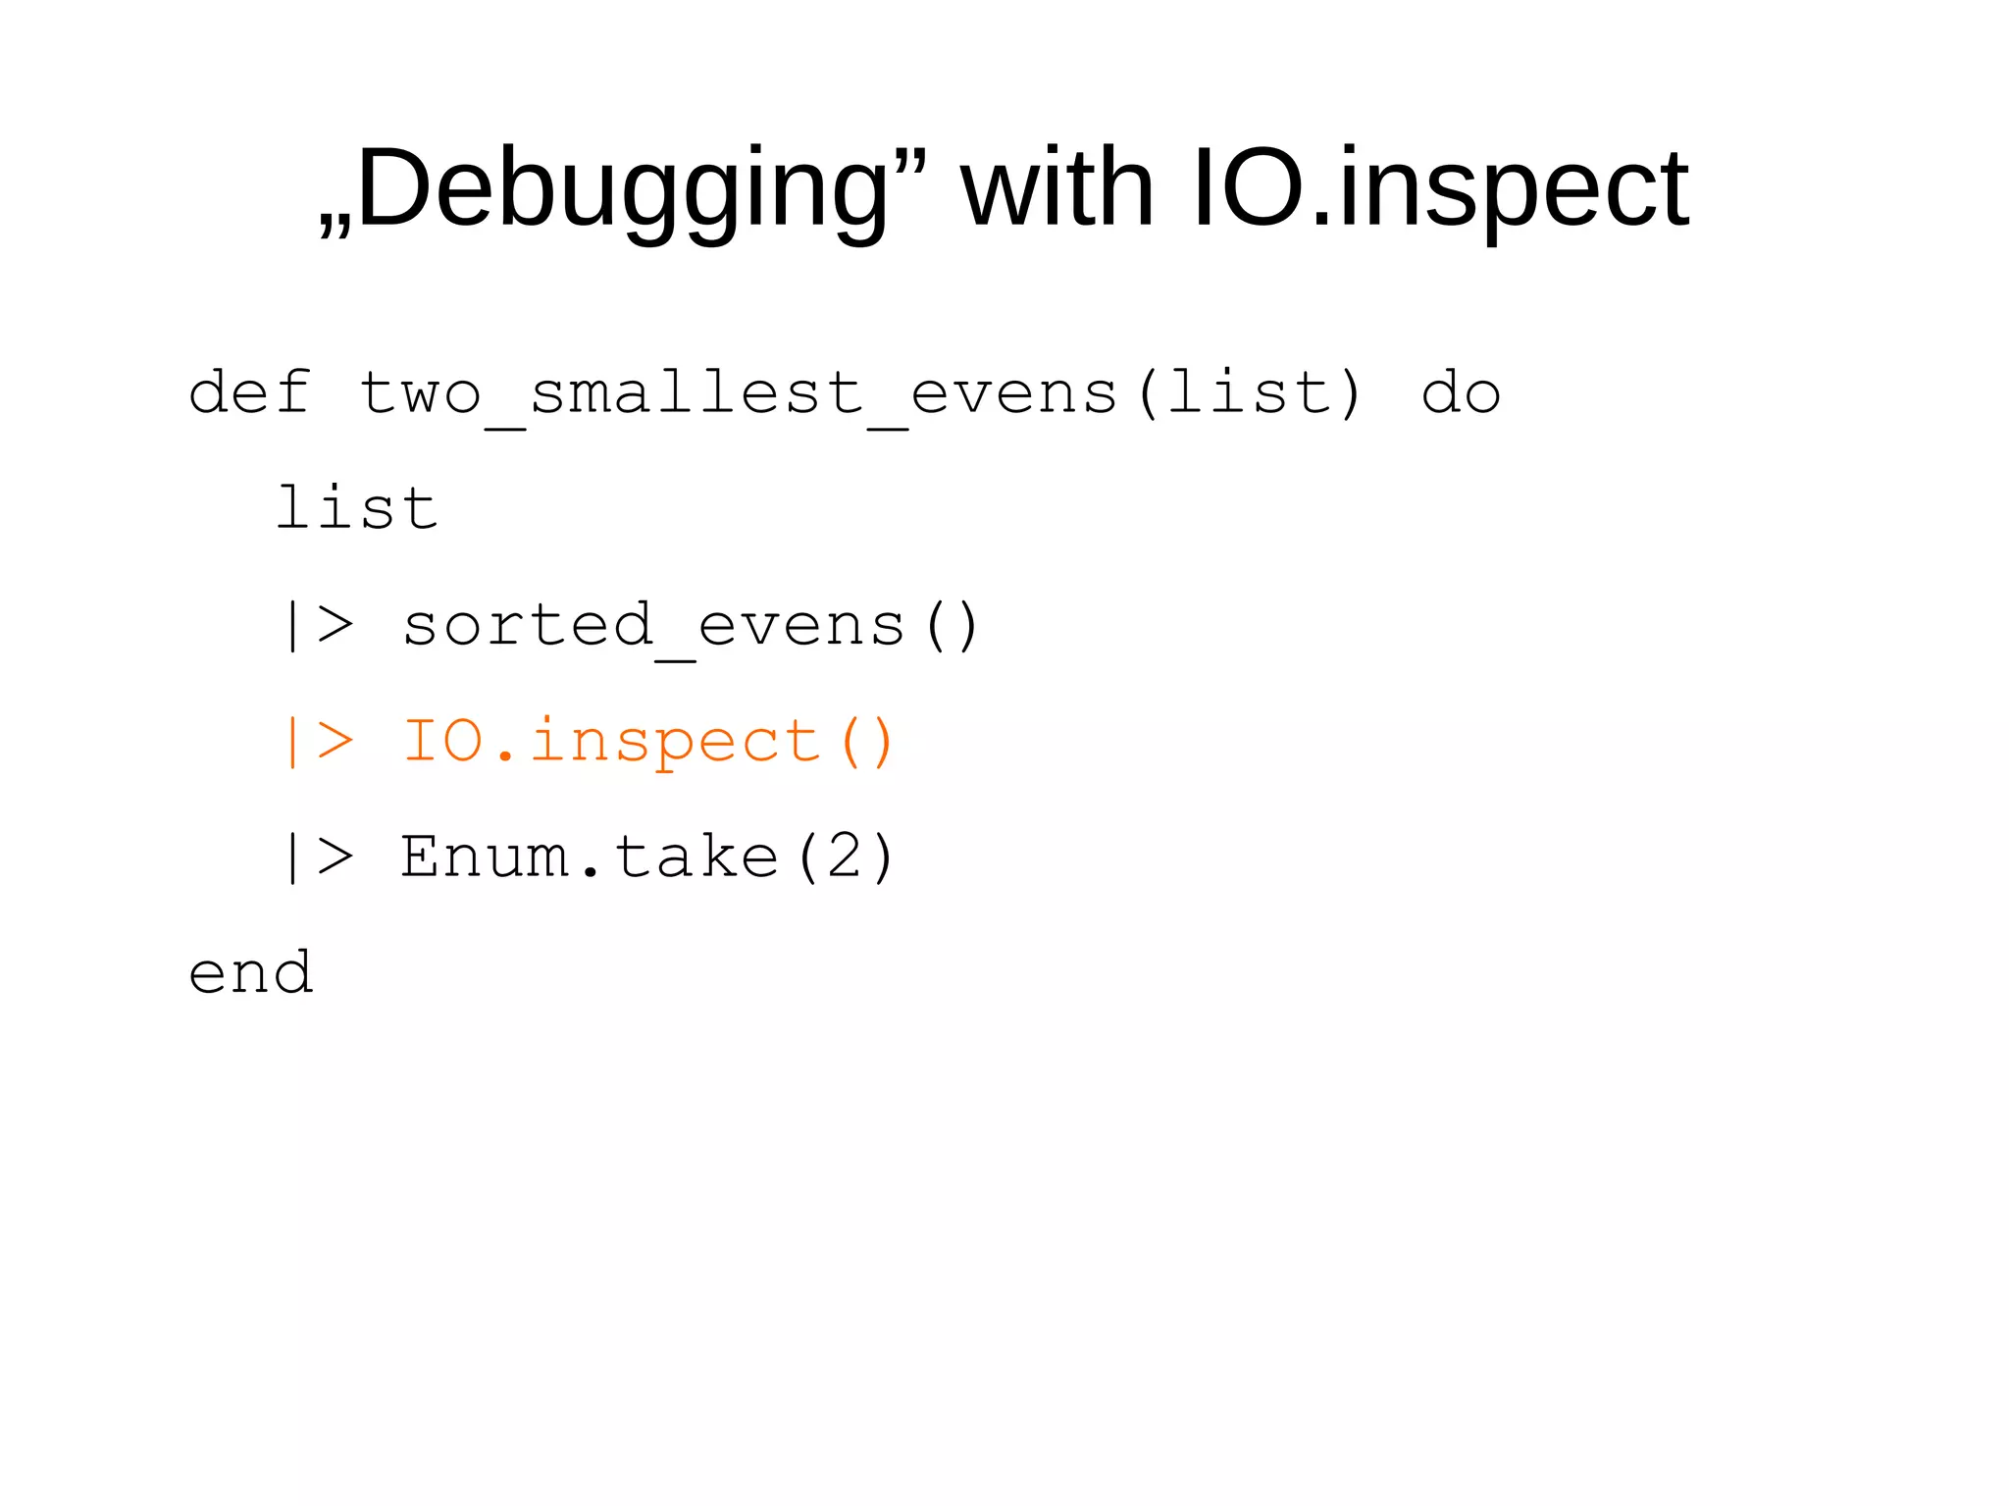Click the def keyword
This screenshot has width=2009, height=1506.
[x=250, y=393]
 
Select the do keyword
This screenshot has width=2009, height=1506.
[x=1461, y=393]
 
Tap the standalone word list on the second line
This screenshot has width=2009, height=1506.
[x=357, y=508]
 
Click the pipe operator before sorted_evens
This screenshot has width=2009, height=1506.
[x=317, y=625]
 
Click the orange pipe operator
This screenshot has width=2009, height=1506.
[x=317, y=741]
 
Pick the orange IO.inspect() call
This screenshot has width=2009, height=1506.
[x=647, y=742]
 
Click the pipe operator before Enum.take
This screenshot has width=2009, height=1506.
[x=317, y=857]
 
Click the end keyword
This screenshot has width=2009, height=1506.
[x=251, y=973]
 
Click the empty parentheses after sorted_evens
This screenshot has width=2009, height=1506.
[x=951, y=626]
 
